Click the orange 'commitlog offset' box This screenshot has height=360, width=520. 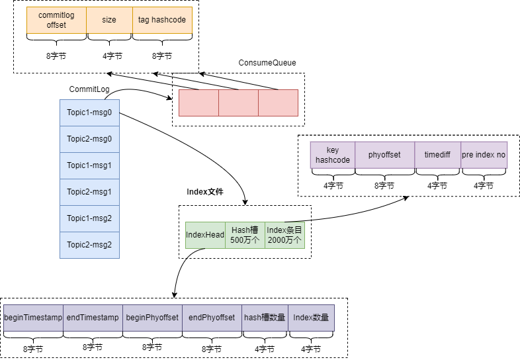(x=56, y=20)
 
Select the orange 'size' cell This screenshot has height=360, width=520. (x=109, y=20)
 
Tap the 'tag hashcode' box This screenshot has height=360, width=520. (x=162, y=20)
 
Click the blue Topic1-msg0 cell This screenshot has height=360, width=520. (x=89, y=112)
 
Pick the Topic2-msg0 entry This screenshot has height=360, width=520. (x=89, y=139)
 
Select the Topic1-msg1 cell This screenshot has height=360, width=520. (x=89, y=165)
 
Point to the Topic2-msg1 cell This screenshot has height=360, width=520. (x=89, y=192)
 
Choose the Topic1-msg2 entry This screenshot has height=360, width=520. (x=89, y=218)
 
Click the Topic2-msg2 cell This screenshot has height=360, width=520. (x=89, y=245)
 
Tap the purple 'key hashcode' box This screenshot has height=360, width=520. (x=333, y=155)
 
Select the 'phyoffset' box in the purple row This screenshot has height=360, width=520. (x=384, y=155)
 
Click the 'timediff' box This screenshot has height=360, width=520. (x=437, y=155)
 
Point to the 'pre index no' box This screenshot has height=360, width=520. (x=484, y=155)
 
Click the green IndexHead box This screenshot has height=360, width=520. (x=205, y=235)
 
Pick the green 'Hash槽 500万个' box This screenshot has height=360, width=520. (x=245, y=235)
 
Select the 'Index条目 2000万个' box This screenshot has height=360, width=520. (x=284, y=235)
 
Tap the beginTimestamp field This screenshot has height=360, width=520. (x=33, y=318)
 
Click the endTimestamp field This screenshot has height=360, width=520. (x=93, y=318)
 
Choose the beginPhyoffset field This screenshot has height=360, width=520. (x=152, y=318)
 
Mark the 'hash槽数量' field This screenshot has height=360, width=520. (x=265, y=318)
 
